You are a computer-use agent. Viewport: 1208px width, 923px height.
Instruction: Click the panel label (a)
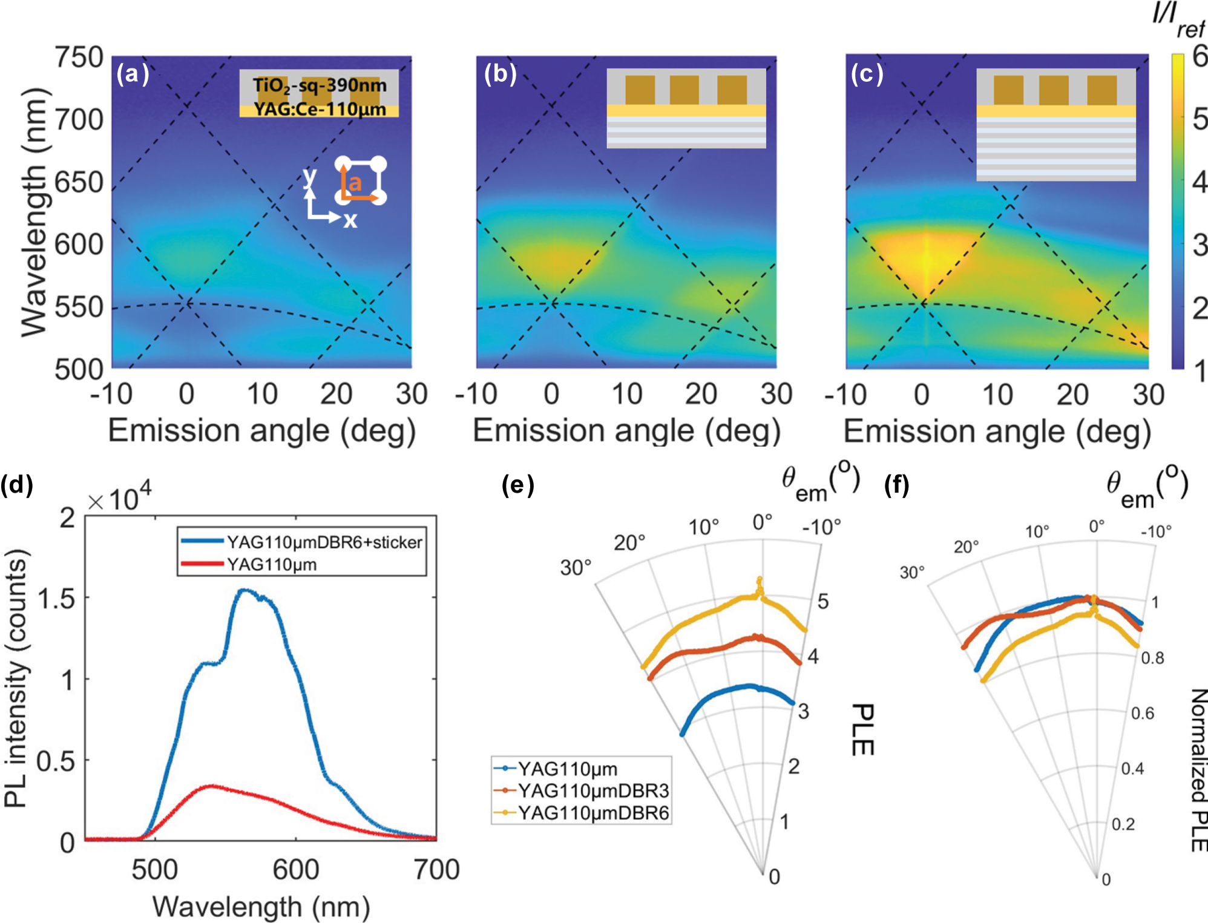click(133, 74)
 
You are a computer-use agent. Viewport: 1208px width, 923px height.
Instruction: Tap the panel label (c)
click(867, 74)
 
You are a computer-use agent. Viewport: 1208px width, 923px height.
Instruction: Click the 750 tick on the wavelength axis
click(79, 58)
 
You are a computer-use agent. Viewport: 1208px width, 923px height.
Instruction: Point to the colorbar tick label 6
click(1200, 57)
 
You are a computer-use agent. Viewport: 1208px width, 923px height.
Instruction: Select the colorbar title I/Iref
click(1178, 21)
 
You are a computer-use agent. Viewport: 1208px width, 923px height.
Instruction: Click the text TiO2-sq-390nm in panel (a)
click(319, 85)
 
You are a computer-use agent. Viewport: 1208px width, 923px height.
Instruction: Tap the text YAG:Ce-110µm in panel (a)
click(319, 110)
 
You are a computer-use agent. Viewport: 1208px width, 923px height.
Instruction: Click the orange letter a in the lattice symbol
click(355, 182)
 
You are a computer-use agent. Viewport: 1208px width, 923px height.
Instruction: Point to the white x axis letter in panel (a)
click(350, 220)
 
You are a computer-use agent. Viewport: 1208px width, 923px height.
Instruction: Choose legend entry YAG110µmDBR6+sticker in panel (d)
click(324, 542)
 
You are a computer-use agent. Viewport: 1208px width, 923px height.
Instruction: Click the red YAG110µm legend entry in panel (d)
click(271, 565)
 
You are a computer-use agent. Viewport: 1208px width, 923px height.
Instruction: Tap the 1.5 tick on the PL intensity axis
click(56, 599)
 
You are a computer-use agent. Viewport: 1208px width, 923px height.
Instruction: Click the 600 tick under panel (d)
click(295, 870)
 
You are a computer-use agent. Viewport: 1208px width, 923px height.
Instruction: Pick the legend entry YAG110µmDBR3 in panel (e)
click(593, 790)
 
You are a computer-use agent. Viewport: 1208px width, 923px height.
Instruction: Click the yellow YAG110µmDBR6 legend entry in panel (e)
click(593, 813)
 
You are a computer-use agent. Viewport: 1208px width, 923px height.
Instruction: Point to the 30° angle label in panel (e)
click(575, 568)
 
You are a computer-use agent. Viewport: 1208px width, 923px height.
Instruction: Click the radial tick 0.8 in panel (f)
click(1152, 658)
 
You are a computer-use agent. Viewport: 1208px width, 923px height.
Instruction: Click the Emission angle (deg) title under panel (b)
click(626, 431)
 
